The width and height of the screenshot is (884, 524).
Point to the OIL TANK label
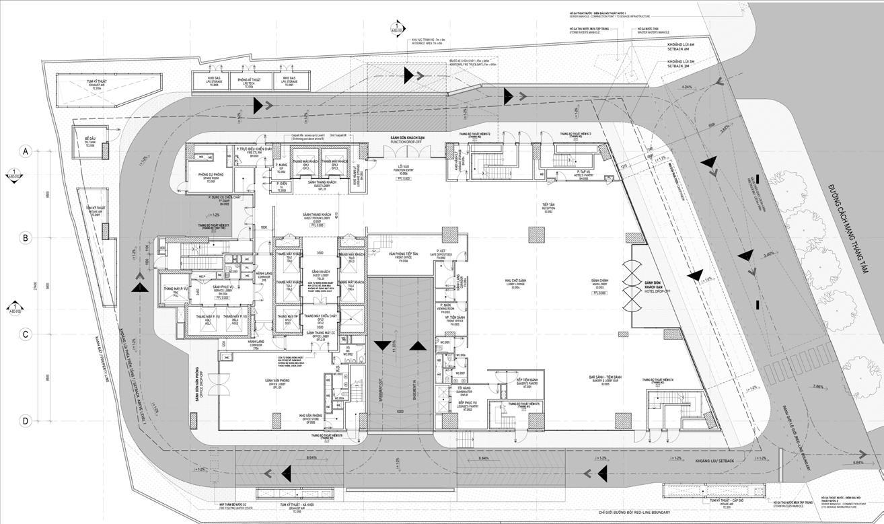coord(90,143)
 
